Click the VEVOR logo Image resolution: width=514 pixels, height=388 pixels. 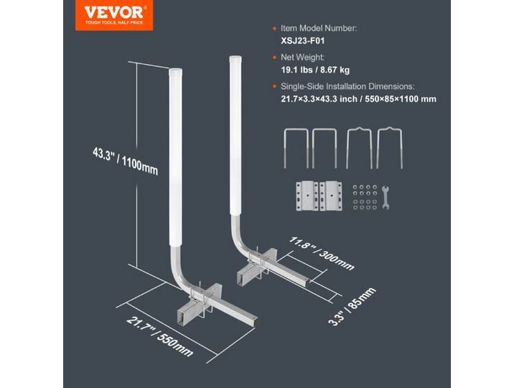click(x=114, y=15)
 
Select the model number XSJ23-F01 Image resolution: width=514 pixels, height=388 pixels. click(x=302, y=41)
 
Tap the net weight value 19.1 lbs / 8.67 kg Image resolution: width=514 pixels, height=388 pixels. click(x=315, y=70)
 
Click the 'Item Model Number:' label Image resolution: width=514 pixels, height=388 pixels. click(x=319, y=29)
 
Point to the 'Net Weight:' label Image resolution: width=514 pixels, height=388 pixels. click(x=302, y=57)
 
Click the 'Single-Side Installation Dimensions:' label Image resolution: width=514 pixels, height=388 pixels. click(x=347, y=87)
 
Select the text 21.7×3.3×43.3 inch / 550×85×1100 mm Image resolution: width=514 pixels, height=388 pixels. click(x=359, y=99)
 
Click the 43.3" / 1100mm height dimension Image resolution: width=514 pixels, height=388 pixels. click(x=125, y=162)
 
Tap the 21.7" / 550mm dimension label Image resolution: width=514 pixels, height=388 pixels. click(x=159, y=336)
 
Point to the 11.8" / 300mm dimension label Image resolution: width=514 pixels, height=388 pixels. click(x=322, y=253)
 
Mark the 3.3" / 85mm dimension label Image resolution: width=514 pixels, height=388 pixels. click(x=352, y=307)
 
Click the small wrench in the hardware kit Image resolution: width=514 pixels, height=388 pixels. click(x=385, y=198)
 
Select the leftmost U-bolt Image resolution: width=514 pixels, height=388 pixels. click(x=296, y=148)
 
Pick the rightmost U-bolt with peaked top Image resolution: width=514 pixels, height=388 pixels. click(x=390, y=147)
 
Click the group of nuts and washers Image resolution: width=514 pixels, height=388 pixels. click(x=365, y=197)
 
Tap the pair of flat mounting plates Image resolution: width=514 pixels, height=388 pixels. click(x=319, y=196)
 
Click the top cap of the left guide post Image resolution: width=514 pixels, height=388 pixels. click(x=175, y=72)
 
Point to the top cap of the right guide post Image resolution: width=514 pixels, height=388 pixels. click(x=235, y=60)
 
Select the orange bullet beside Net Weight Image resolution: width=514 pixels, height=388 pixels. click(x=274, y=57)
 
